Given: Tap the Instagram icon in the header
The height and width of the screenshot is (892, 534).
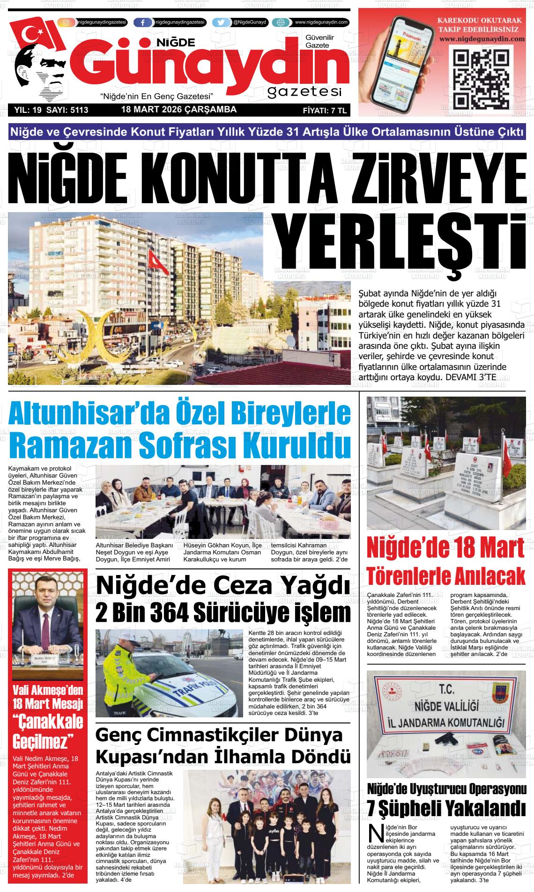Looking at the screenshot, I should coord(67,22).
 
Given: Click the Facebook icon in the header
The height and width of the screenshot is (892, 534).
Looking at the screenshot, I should coord(143,22).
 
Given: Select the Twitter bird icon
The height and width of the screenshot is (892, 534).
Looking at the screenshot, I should coord(222,22).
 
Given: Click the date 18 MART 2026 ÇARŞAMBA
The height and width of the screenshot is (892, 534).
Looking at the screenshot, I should coord(178,110).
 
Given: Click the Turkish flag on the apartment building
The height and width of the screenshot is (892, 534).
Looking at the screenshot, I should coord(153,262).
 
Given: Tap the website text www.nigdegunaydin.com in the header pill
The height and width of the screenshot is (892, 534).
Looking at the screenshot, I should coord(321,22).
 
